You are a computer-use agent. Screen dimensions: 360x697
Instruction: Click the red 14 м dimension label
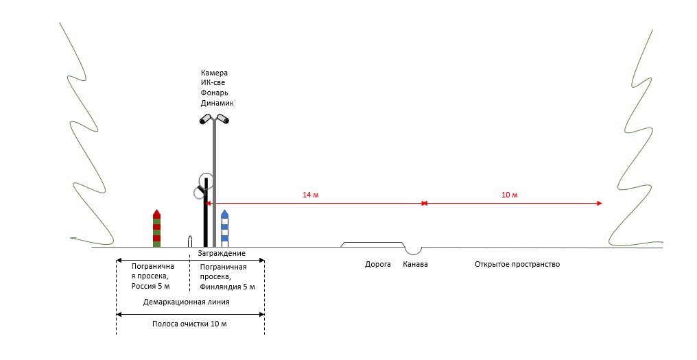point(311,195)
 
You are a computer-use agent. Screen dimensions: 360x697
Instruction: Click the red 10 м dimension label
point(509,195)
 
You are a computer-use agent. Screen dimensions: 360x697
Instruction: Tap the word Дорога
point(377,264)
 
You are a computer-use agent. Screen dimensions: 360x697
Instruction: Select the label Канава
point(415,264)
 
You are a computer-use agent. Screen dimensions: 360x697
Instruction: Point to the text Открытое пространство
point(517,264)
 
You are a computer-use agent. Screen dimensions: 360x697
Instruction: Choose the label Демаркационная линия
point(186,301)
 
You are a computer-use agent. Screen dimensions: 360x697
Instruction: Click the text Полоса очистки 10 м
point(189,324)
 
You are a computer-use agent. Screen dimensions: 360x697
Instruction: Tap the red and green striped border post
point(156,228)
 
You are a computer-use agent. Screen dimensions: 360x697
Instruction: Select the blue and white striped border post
point(224,229)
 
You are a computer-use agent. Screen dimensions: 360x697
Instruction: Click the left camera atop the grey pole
point(205,120)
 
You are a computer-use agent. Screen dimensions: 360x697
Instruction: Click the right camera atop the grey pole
point(223,120)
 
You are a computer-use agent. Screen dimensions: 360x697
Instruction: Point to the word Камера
point(214,73)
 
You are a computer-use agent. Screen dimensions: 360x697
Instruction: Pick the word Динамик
point(217,103)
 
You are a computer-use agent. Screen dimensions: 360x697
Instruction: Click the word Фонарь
point(215,93)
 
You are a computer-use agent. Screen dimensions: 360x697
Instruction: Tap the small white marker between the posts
point(190,241)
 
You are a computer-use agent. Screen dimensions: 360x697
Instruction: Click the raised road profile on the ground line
point(373,244)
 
